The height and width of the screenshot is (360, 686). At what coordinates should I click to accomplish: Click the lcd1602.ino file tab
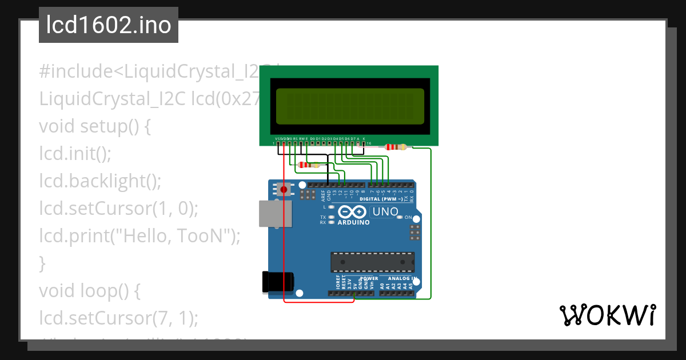109,26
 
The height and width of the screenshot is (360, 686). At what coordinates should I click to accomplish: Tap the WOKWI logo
607,315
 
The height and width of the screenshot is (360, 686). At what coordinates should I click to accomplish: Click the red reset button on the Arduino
284,189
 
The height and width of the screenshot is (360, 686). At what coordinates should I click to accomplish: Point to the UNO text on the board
385,212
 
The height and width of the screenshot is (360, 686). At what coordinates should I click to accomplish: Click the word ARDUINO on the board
353,222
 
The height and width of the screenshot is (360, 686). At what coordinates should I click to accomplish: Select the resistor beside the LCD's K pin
396,147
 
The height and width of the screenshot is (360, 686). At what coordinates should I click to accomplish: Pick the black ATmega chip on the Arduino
372,262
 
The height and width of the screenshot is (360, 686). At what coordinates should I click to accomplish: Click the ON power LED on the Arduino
400,218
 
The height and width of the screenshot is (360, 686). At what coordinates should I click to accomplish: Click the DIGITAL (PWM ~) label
381,199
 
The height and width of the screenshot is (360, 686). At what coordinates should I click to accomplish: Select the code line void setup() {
95,126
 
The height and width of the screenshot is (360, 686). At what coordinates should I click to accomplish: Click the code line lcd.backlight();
101,181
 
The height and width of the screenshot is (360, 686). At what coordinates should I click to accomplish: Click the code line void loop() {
89,290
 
